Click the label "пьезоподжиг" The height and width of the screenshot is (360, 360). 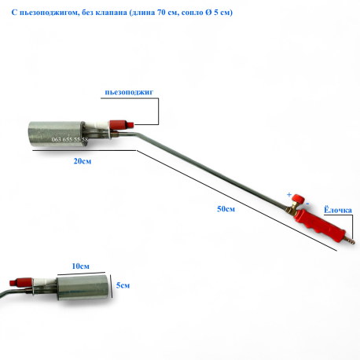tap(129, 92)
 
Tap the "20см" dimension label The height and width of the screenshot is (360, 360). tap(83, 161)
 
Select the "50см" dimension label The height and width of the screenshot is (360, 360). tap(226, 209)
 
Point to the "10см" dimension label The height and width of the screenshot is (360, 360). tap(81, 266)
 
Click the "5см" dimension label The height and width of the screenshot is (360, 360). tap(123, 285)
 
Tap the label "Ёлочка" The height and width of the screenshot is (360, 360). tap(338, 210)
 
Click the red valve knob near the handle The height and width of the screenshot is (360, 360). tap(299, 199)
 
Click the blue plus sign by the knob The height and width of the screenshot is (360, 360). tap(289, 195)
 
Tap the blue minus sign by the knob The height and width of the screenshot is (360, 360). tap(307, 204)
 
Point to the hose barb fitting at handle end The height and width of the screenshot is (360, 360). tap(350, 240)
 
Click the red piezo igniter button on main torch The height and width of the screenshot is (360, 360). tap(122, 124)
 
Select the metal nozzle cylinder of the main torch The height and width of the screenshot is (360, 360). tap(57, 135)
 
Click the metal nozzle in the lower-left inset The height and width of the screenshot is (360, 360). tap(83, 288)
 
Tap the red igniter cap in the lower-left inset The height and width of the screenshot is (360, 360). tap(18, 282)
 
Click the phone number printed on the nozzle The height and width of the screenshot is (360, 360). tap(70, 139)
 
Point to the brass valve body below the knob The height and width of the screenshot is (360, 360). tap(291, 208)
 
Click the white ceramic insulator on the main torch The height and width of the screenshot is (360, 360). tap(97, 124)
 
